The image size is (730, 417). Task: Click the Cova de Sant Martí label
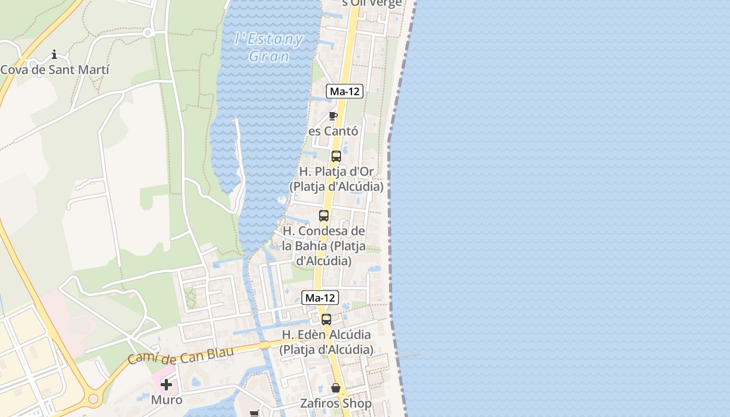coord(55,70)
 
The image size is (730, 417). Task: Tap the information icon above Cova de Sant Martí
coord(54,54)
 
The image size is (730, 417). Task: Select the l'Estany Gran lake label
coord(269,47)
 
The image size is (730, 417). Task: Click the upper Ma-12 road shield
coord(345,91)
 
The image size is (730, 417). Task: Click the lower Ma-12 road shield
coord(320,298)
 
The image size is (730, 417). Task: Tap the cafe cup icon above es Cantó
coord(333,116)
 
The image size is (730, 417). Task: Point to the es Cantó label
coord(333,131)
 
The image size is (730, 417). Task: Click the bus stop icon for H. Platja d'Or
coord(336,156)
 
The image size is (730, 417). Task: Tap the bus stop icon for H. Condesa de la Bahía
coord(324,215)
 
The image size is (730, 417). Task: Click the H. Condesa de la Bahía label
coord(324,245)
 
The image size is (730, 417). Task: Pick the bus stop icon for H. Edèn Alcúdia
coord(326,320)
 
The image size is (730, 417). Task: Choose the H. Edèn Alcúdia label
coord(326,342)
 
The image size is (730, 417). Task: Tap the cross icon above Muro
coord(166,385)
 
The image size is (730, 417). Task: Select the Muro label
coord(167,400)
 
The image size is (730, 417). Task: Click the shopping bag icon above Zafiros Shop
coord(336,388)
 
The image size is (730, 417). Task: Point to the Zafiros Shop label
coord(336,403)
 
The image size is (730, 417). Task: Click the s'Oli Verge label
coord(372,3)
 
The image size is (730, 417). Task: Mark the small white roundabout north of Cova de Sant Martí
coord(148,33)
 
